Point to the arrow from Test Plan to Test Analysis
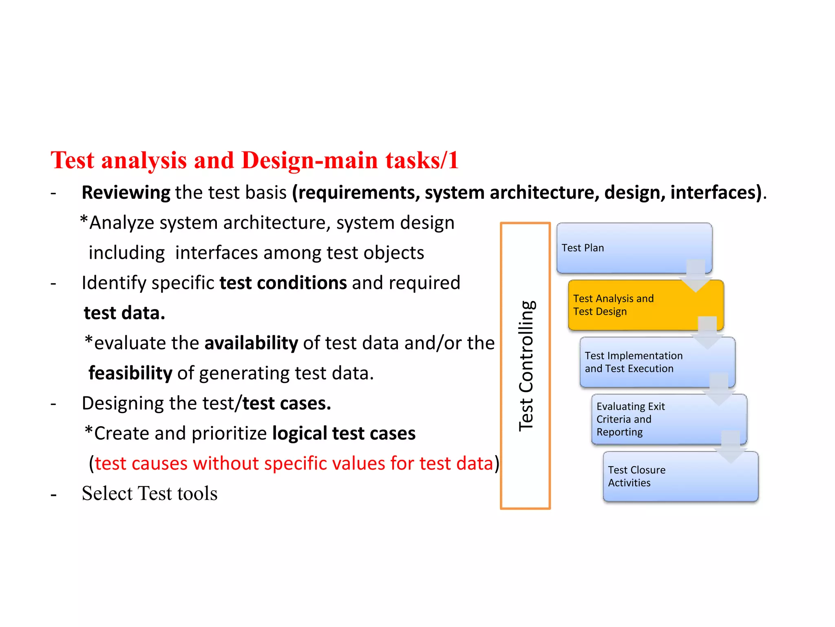point(696,276)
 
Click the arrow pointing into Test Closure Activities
point(730,447)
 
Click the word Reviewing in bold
point(126,192)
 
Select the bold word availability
point(251,343)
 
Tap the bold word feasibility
point(130,373)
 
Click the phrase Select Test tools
point(149,493)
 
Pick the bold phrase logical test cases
point(344,433)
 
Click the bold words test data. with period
point(124,313)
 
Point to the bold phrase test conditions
point(283,283)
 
